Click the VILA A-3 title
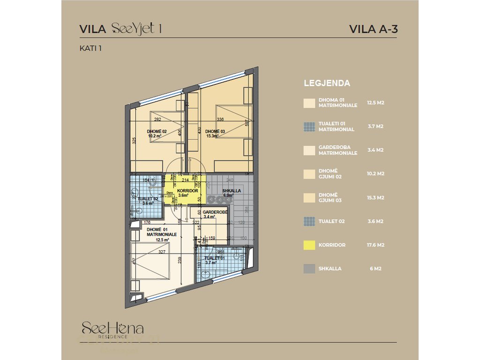[x=374, y=29]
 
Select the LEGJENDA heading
[x=327, y=83]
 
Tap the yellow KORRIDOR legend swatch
[x=309, y=245]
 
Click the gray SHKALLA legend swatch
[x=309, y=269]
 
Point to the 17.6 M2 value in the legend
[x=375, y=245]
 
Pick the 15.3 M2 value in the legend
[x=375, y=197]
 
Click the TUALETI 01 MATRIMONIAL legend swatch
[x=309, y=127]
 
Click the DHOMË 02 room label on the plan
[x=157, y=131]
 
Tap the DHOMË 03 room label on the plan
[x=215, y=131]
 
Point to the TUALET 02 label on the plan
[x=148, y=199]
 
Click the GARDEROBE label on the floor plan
[x=215, y=212]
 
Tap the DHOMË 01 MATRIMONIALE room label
[x=162, y=231]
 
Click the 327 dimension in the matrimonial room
[x=162, y=252]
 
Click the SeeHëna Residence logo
[x=112, y=329]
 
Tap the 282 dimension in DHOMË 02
[x=158, y=120]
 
